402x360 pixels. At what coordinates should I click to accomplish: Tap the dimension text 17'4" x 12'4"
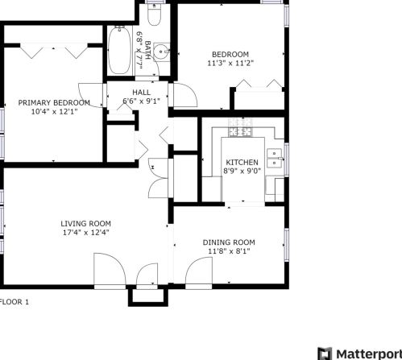(85, 232)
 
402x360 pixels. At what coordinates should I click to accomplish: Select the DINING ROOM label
(229, 242)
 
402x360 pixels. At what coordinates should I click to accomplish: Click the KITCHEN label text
(241, 162)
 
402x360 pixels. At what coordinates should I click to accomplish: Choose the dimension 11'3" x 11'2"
(230, 63)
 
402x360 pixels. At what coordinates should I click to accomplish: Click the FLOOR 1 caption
(15, 302)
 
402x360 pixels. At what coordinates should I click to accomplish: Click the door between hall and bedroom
(185, 95)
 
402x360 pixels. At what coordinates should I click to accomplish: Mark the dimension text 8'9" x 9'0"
(241, 171)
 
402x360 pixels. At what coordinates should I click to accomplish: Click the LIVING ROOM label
(85, 223)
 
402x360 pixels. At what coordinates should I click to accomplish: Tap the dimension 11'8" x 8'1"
(229, 250)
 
